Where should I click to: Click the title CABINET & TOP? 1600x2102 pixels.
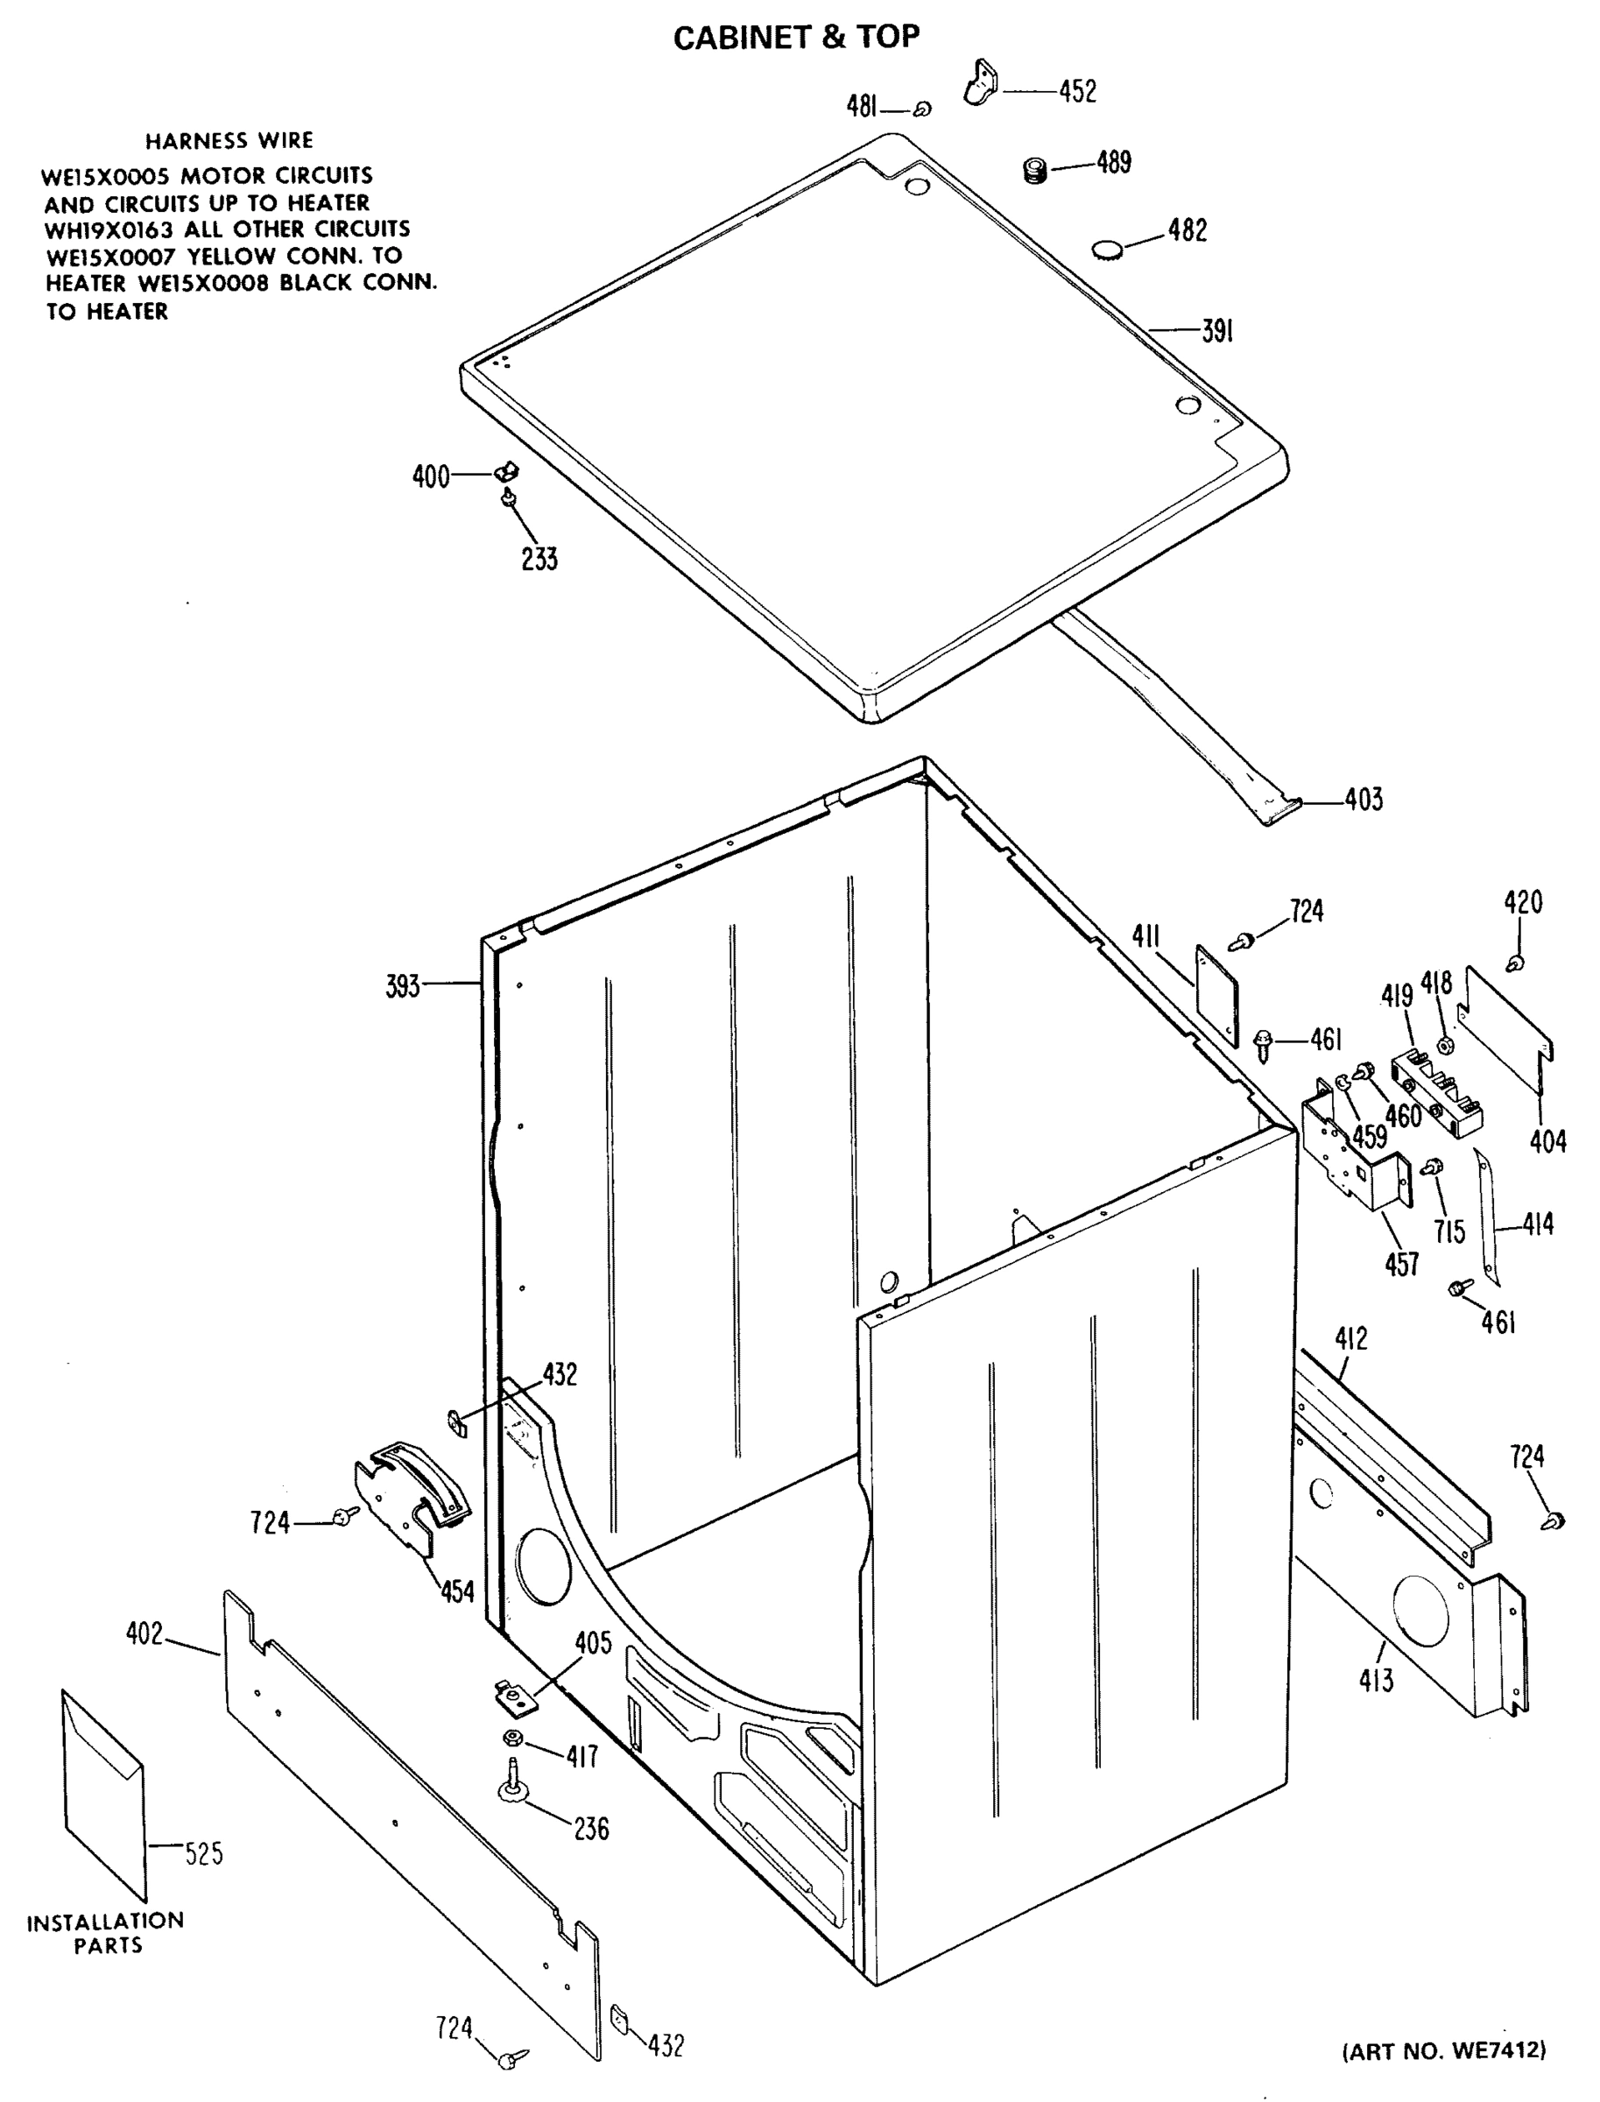(x=796, y=37)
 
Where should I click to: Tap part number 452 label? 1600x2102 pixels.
(x=1077, y=91)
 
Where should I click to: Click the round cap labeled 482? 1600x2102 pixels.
(x=1107, y=250)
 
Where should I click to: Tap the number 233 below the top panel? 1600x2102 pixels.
(x=539, y=558)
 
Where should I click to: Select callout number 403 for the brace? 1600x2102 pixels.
(x=1363, y=799)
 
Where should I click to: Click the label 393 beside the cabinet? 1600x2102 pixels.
(x=402, y=986)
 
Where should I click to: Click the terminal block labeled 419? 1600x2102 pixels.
(x=1437, y=1090)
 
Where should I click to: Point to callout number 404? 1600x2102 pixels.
(x=1547, y=1140)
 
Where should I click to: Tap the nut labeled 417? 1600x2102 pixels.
(x=512, y=1739)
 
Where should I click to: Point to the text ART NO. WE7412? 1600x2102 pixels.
(x=1444, y=2049)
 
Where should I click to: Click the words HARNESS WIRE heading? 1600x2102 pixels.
(x=229, y=141)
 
